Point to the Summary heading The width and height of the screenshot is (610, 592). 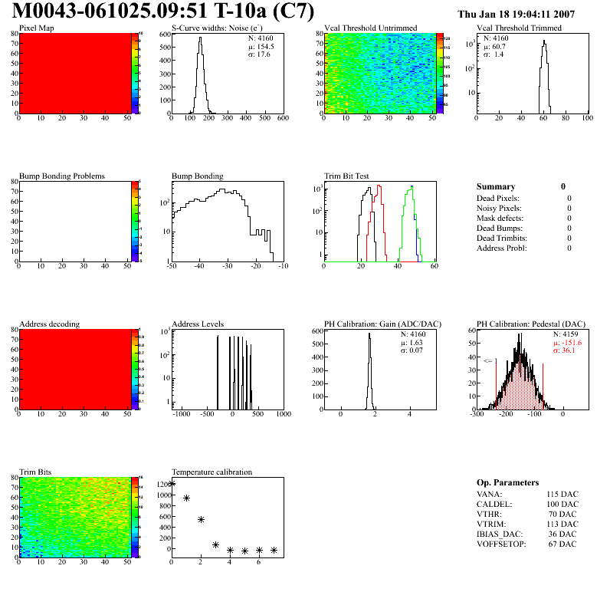(x=496, y=186)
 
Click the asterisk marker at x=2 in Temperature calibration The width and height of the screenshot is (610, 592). (x=201, y=519)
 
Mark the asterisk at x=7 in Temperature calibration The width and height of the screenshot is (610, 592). (x=274, y=550)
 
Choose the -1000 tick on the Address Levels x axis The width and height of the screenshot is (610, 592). (x=182, y=414)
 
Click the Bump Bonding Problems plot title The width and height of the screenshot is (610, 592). (x=62, y=176)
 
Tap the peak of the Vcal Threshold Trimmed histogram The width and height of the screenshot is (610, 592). (x=544, y=42)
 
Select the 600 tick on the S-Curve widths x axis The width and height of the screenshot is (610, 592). (x=283, y=119)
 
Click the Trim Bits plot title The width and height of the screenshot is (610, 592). (x=36, y=472)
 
